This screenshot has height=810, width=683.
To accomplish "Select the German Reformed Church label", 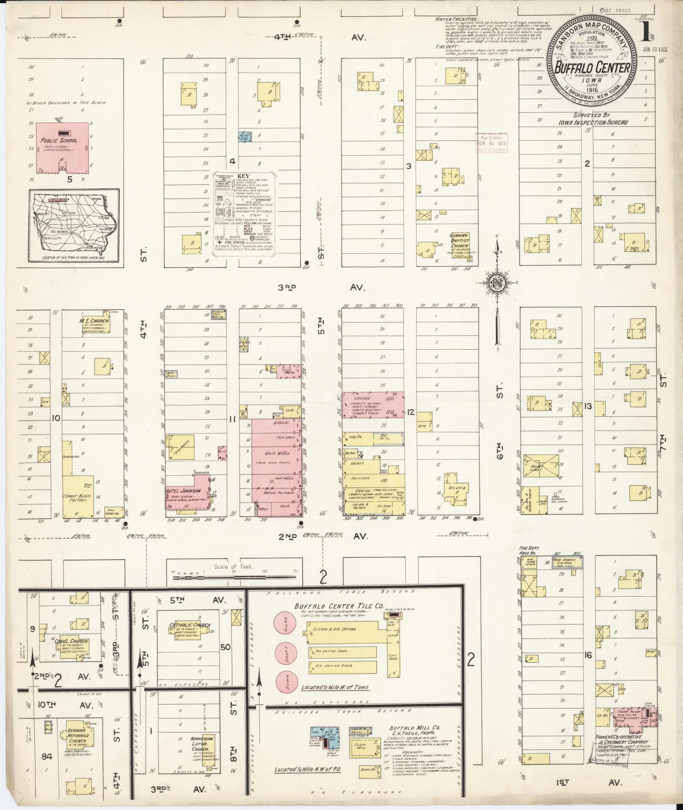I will (x=77, y=735).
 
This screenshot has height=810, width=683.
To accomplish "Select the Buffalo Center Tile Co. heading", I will (x=329, y=606).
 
